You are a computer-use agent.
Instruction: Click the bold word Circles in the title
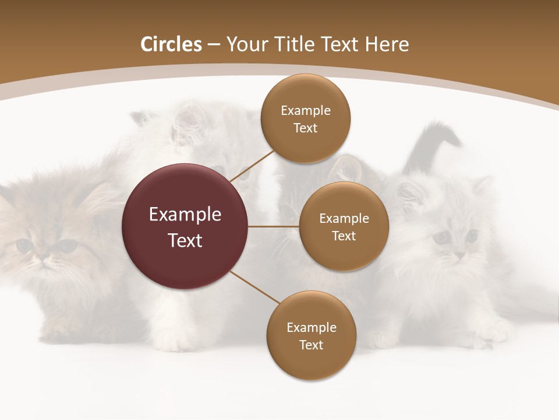(171, 44)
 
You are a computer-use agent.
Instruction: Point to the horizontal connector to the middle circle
(274, 226)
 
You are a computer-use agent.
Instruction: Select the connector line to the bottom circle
(256, 288)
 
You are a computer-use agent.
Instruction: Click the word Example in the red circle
(185, 215)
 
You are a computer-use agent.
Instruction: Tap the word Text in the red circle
(185, 240)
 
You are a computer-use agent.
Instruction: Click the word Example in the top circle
(306, 110)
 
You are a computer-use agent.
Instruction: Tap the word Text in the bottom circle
(311, 345)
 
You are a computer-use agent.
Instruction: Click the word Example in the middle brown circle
(344, 219)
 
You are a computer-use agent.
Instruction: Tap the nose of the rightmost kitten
(459, 255)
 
